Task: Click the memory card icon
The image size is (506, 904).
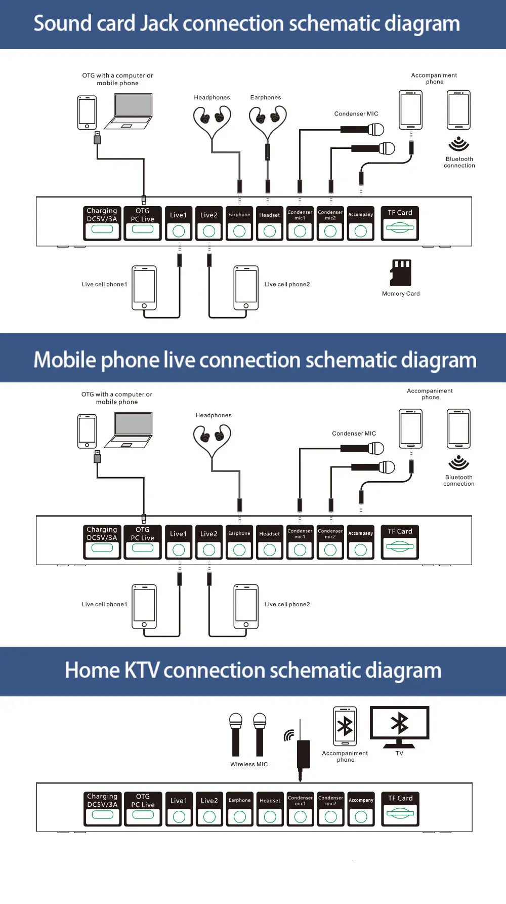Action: [401, 273]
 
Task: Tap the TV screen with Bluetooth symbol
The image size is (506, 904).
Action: [400, 724]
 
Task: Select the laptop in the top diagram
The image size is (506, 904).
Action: [129, 111]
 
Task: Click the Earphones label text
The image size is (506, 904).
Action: [266, 98]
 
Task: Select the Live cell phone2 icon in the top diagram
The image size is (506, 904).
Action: [246, 288]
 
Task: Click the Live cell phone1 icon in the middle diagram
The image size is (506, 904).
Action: [144, 607]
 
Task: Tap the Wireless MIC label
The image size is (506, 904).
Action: [249, 764]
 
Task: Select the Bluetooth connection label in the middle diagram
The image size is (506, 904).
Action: [459, 481]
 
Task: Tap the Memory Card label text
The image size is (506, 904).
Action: [401, 294]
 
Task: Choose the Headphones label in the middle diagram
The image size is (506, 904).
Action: [214, 415]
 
